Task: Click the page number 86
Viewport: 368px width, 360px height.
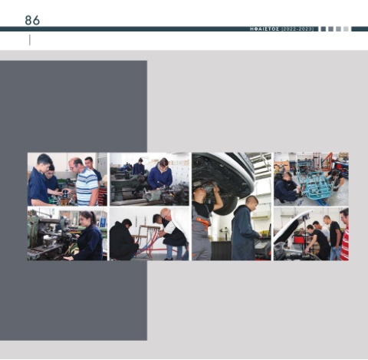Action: (x=32, y=20)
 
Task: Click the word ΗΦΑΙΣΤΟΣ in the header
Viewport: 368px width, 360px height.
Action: (x=264, y=29)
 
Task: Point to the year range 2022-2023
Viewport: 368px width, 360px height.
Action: (x=297, y=29)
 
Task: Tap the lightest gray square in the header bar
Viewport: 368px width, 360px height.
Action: (x=346, y=29)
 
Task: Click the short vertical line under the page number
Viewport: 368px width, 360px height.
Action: (x=30, y=40)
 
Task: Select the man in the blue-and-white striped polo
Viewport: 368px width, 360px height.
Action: (x=84, y=182)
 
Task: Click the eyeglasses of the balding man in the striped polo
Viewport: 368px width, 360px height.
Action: (x=73, y=167)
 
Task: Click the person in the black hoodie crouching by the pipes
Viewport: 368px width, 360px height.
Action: (x=123, y=239)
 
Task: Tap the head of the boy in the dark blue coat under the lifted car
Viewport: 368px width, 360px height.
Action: (x=251, y=203)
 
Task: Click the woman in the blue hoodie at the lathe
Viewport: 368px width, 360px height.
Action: (x=159, y=174)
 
